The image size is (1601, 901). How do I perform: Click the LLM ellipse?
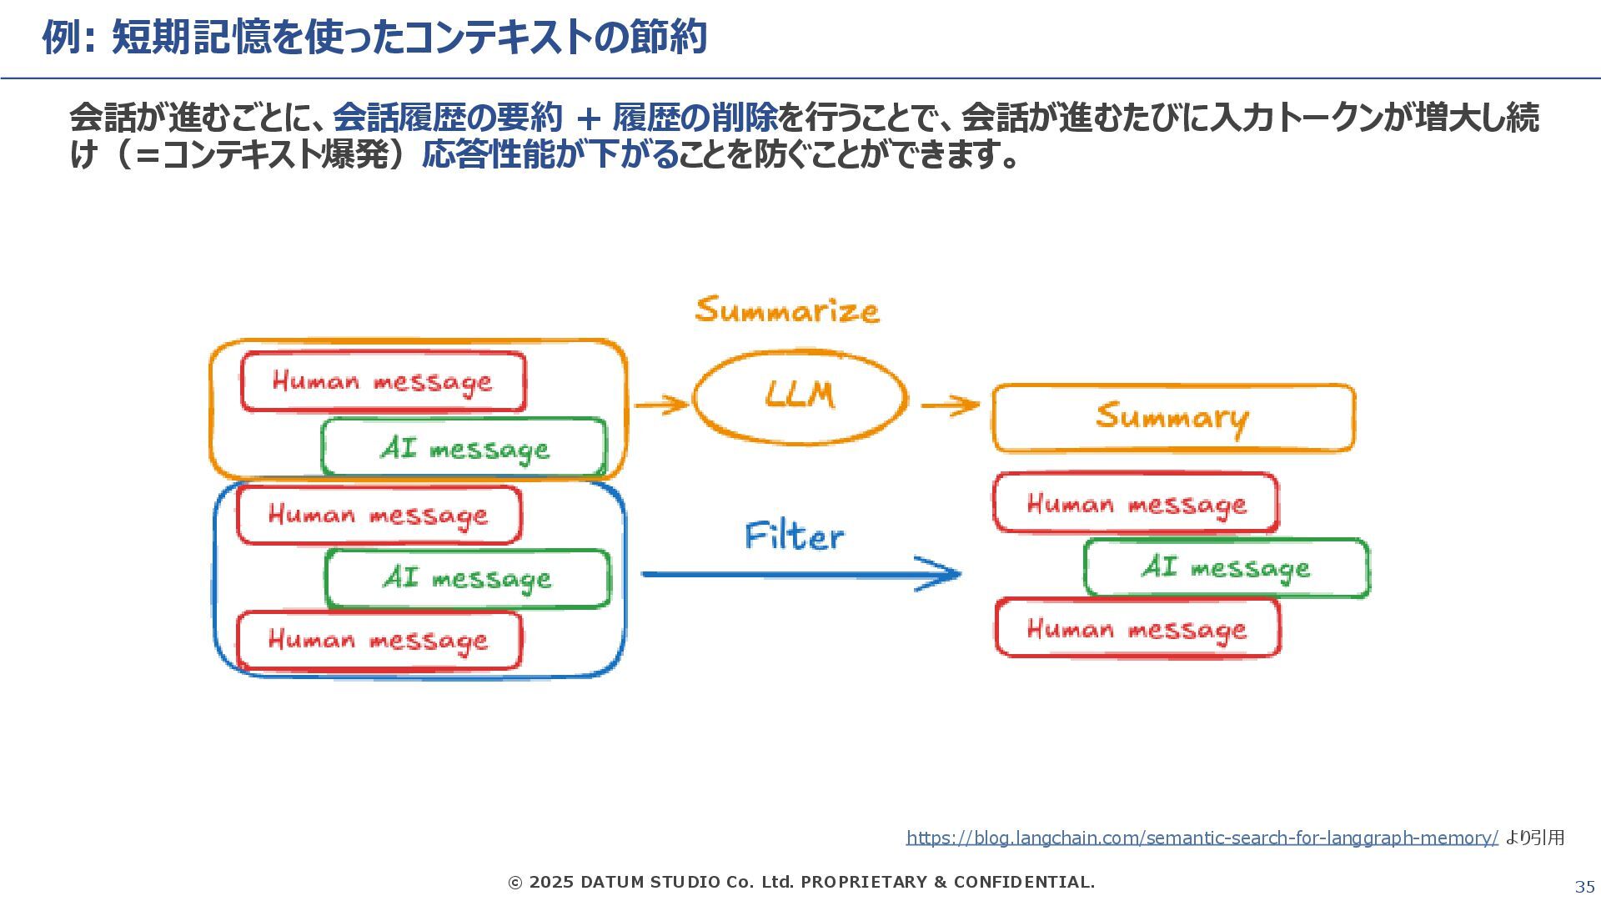click(x=800, y=396)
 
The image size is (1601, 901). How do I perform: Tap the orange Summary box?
click(x=1172, y=417)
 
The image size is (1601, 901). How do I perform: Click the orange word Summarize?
click(x=786, y=310)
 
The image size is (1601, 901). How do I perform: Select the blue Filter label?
click(x=794, y=536)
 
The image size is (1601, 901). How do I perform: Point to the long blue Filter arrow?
click(x=800, y=574)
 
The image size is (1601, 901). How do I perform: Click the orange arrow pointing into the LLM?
click(x=660, y=405)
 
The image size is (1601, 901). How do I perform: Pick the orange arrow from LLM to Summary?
click(x=950, y=406)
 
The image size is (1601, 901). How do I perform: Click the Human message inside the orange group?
click(x=383, y=382)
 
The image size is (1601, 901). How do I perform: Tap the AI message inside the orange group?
click(x=464, y=449)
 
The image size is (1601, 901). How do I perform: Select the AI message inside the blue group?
click(x=467, y=578)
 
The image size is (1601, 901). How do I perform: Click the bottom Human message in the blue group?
click(x=379, y=641)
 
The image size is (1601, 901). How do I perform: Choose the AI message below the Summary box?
click(x=1226, y=568)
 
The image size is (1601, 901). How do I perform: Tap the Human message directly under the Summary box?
click(x=1136, y=504)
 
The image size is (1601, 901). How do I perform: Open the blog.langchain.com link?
click(x=1202, y=838)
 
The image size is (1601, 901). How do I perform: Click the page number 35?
click(x=1584, y=887)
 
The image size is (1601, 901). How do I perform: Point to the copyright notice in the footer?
click(x=801, y=882)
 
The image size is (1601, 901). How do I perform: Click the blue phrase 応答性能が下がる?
click(x=550, y=155)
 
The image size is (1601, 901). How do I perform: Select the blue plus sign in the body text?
click(x=588, y=118)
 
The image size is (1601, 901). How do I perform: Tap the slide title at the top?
click(x=375, y=38)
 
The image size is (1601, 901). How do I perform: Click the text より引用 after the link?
click(x=1535, y=838)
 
